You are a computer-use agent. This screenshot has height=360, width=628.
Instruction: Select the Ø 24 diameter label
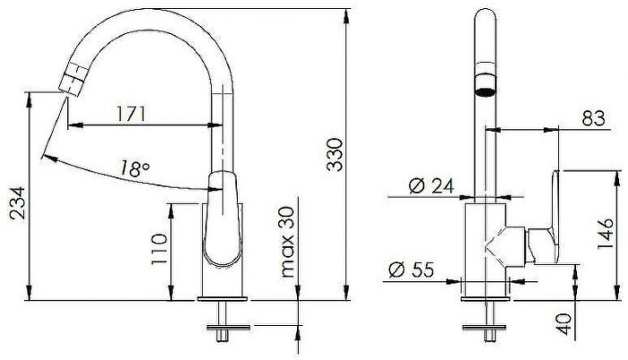[427, 186]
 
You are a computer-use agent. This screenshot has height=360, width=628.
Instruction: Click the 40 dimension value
[563, 323]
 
